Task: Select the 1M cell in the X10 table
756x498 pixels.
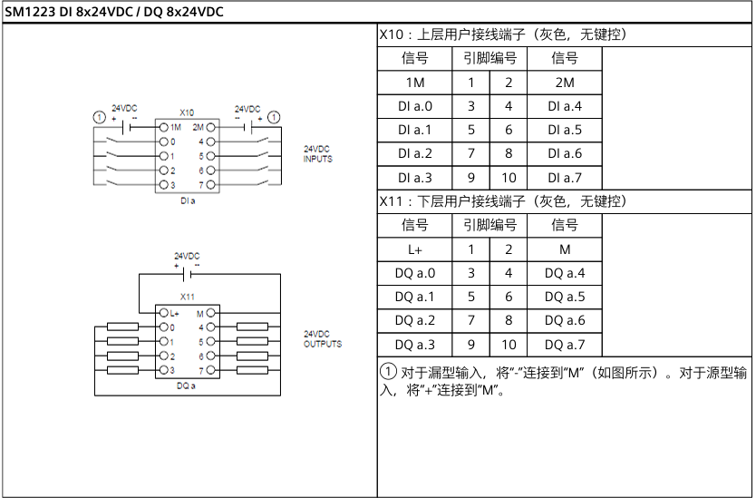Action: coord(414,83)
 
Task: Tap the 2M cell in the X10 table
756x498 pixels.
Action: coord(564,83)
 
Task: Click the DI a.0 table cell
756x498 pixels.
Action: coord(414,106)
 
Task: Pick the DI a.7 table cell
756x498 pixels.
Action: coord(564,177)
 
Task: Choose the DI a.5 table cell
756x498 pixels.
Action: coord(564,130)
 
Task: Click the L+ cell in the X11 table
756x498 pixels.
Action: coord(414,249)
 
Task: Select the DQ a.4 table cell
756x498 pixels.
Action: coord(564,273)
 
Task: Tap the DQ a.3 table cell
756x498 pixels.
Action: coord(414,344)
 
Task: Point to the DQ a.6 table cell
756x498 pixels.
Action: coord(564,320)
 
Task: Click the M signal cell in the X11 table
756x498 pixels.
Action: coord(564,249)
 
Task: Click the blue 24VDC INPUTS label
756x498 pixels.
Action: coord(317,153)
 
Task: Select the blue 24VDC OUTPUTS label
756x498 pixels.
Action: coord(323,339)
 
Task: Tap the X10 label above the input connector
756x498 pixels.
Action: coord(187,112)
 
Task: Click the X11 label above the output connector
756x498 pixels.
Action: coord(187,297)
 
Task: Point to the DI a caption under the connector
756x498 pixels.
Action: coord(187,200)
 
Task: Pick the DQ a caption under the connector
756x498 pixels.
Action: coord(187,386)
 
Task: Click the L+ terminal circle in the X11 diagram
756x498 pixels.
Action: coord(163,313)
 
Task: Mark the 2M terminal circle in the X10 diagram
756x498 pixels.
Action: coord(210,128)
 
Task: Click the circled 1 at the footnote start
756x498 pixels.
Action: coord(387,372)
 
